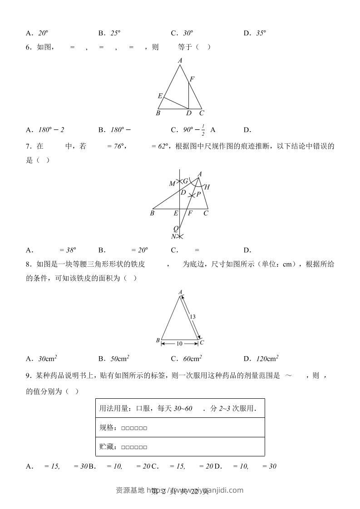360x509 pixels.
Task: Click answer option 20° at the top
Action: click(x=43, y=33)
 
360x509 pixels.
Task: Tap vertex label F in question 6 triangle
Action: click(x=192, y=79)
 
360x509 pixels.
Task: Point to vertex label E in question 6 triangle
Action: click(x=160, y=96)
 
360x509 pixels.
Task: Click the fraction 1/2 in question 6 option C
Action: click(x=202, y=130)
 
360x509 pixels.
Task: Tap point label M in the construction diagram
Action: click(x=172, y=184)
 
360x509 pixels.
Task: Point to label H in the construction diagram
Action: click(x=207, y=186)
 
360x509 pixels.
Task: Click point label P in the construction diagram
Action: click(x=198, y=194)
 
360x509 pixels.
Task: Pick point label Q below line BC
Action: click(x=176, y=229)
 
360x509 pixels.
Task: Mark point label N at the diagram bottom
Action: click(x=173, y=236)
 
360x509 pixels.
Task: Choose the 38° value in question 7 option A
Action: click(x=70, y=250)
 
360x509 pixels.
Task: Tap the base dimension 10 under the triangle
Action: click(x=179, y=344)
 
